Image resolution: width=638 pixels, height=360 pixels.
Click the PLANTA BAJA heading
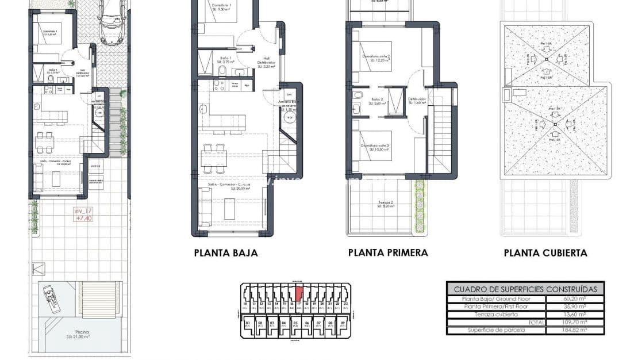[x=226, y=252]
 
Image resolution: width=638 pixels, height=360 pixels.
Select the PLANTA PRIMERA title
[x=388, y=252]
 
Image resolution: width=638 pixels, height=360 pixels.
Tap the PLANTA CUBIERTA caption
[x=545, y=252]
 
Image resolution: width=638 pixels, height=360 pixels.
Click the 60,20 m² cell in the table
[x=574, y=299]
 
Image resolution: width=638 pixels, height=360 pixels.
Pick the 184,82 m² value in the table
[x=574, y=330]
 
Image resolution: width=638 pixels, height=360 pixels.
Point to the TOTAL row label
[x=536, y=323]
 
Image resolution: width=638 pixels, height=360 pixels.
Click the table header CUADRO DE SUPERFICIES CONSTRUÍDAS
[x=525, y=289]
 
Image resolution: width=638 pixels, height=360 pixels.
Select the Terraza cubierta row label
[x=496, y=315]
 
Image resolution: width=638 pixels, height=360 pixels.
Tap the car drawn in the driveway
[x=112, y=21]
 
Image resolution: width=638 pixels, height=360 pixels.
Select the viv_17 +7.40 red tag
[x=83, y=215]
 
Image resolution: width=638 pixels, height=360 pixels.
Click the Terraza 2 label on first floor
[x=386, y=204]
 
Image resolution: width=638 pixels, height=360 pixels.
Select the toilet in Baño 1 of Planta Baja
[x=221, y=70]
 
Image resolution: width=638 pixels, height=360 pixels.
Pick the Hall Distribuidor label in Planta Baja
[x=267, y=62]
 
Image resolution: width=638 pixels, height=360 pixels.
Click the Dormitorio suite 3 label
[x=375, y=147]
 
